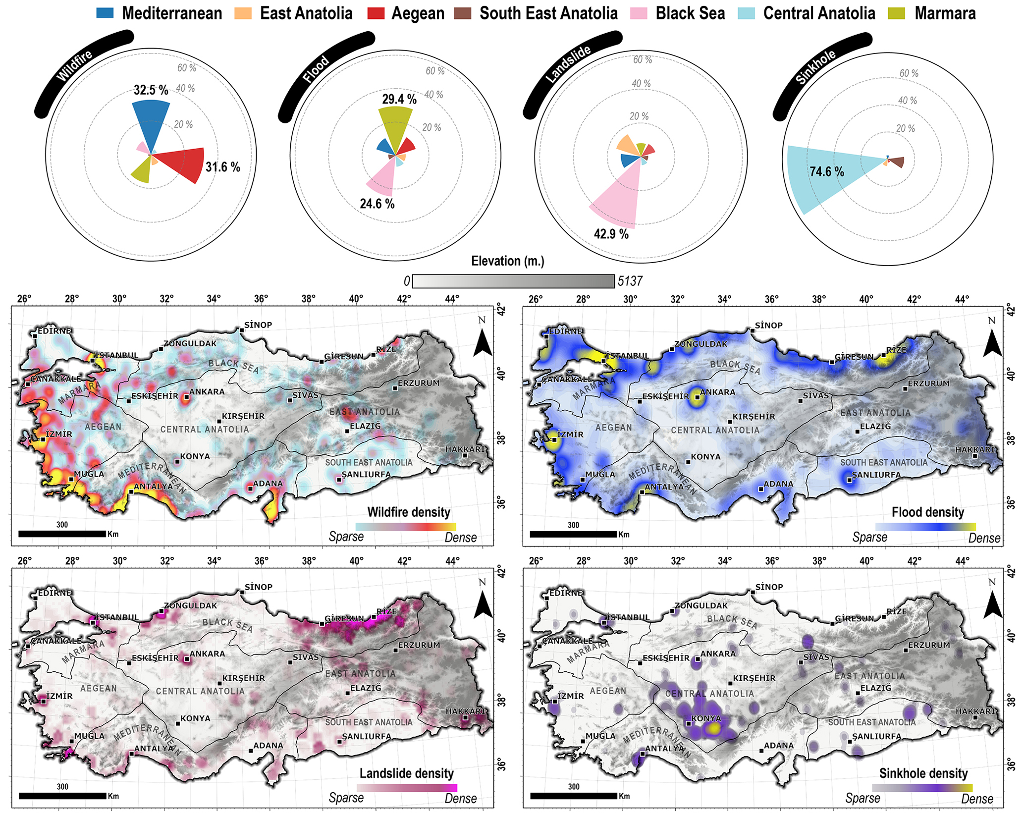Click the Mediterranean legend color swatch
105,13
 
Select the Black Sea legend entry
678,13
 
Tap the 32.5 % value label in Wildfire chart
151,90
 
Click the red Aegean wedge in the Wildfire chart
183,165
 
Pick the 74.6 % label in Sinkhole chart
827,172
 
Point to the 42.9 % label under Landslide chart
611,234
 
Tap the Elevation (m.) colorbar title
508,261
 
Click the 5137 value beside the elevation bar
630,281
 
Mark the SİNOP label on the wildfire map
258,325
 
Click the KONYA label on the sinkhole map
706,718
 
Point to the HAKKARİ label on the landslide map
465,711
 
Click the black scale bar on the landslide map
62,796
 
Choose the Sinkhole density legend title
923,773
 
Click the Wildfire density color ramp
406,527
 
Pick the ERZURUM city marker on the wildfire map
395,388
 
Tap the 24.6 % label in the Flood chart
377,204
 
